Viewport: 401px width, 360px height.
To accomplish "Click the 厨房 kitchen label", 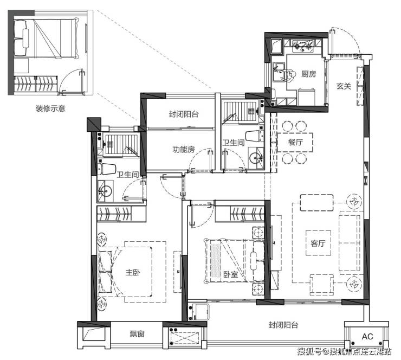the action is [308, 74].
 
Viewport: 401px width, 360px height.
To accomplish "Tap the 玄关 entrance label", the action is [344, 86].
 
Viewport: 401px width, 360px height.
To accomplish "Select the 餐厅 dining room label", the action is [295, 142].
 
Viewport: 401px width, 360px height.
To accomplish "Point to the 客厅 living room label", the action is [318, 243].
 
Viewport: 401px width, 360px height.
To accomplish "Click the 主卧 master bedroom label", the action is [133, 272].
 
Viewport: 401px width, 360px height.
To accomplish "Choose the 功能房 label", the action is [183, 149].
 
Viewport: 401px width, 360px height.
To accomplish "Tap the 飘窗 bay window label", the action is [137, 334].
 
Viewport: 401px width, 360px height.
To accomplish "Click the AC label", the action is [367, 337].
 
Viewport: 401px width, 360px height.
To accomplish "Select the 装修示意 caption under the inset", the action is [50, 108].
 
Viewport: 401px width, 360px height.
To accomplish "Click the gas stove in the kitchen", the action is [303, 46].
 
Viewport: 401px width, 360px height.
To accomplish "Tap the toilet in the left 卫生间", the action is [107, 169].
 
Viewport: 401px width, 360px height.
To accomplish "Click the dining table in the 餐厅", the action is [295, 143].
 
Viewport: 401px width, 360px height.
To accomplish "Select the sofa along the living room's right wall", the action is [350, 243].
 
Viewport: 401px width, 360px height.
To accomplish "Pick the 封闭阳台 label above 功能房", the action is [184, 114].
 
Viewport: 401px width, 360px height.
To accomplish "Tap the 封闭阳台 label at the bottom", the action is [283, 325].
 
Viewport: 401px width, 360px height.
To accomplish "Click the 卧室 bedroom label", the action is [231, 275].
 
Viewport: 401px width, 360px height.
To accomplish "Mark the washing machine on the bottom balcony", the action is [199, 312].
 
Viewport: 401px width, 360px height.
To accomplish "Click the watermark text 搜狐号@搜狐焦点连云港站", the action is [344, 351].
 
